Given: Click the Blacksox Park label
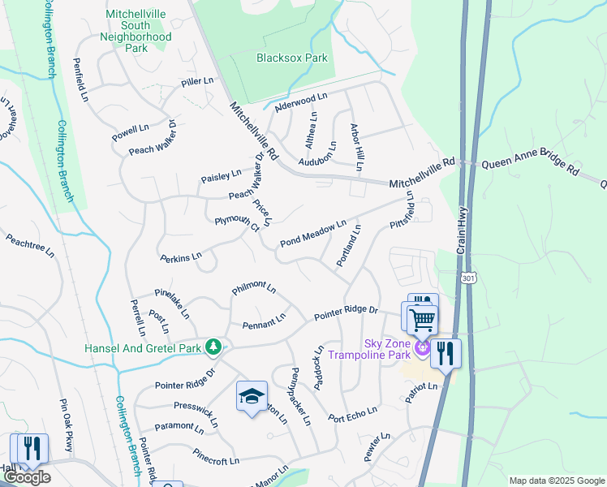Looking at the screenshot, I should point(292,58).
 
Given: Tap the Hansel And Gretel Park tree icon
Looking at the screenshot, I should point(213,347).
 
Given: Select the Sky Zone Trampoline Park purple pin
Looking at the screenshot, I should point(422,348).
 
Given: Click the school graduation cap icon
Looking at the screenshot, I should point(252,396).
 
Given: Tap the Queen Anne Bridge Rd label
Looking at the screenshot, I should point(529,166).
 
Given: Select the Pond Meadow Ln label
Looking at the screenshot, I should point(313,233).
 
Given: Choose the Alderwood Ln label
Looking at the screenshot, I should point(300,99).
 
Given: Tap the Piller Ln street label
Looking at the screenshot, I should point(197,82).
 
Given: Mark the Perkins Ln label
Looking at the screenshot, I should point(181,257).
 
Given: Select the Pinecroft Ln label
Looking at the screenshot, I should point(216,457).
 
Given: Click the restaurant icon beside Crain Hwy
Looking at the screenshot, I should point(445,352).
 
